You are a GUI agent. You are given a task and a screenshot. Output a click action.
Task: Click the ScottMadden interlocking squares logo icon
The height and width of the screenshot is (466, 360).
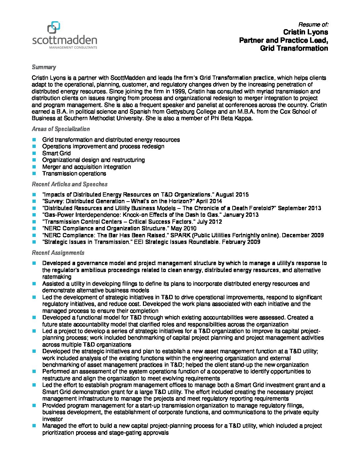54,28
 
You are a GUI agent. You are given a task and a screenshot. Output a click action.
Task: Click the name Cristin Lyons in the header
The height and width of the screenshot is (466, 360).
305,32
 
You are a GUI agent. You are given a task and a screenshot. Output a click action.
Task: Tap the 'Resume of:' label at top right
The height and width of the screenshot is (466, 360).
313,24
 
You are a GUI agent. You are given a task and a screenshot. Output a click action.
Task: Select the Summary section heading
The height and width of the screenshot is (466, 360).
44,67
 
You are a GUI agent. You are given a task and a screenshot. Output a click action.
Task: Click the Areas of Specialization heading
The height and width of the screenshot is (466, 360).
61,129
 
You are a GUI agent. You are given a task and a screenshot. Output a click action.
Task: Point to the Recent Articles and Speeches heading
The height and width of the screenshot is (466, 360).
69,184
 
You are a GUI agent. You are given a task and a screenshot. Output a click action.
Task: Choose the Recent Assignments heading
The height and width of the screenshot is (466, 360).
58,253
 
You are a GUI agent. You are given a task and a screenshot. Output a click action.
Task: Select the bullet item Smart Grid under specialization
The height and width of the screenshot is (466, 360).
56,153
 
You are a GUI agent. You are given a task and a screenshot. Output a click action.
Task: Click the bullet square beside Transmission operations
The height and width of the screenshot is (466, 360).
34,173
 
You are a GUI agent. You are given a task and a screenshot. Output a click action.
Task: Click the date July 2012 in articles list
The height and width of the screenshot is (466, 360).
209,222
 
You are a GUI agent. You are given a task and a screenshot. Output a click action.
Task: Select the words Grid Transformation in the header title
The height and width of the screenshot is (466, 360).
294,48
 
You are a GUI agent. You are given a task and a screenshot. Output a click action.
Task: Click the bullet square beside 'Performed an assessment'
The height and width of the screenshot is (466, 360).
34,372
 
